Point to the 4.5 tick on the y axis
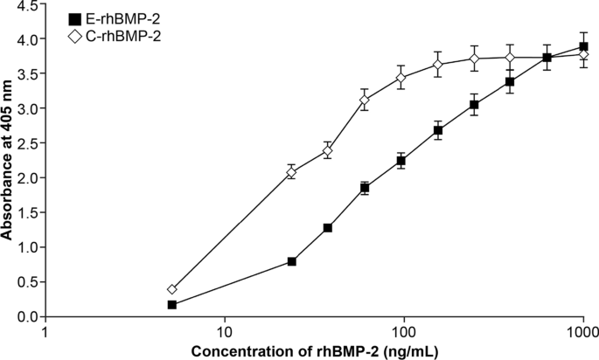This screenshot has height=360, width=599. (24, 5)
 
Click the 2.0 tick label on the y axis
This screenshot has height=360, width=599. (24, 177)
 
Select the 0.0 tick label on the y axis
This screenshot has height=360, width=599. (24, 316)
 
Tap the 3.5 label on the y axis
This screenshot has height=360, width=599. (24, 74)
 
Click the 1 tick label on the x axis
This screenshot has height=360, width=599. (45, 333)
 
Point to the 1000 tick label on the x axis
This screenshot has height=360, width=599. (582, 333)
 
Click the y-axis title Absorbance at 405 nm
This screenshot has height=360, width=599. (7, 161)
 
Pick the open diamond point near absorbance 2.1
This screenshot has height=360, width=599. (292, 172)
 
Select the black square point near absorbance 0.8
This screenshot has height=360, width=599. (292, 261)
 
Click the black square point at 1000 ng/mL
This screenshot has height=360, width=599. (583, 47)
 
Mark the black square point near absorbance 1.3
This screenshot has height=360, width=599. (328, 228)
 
